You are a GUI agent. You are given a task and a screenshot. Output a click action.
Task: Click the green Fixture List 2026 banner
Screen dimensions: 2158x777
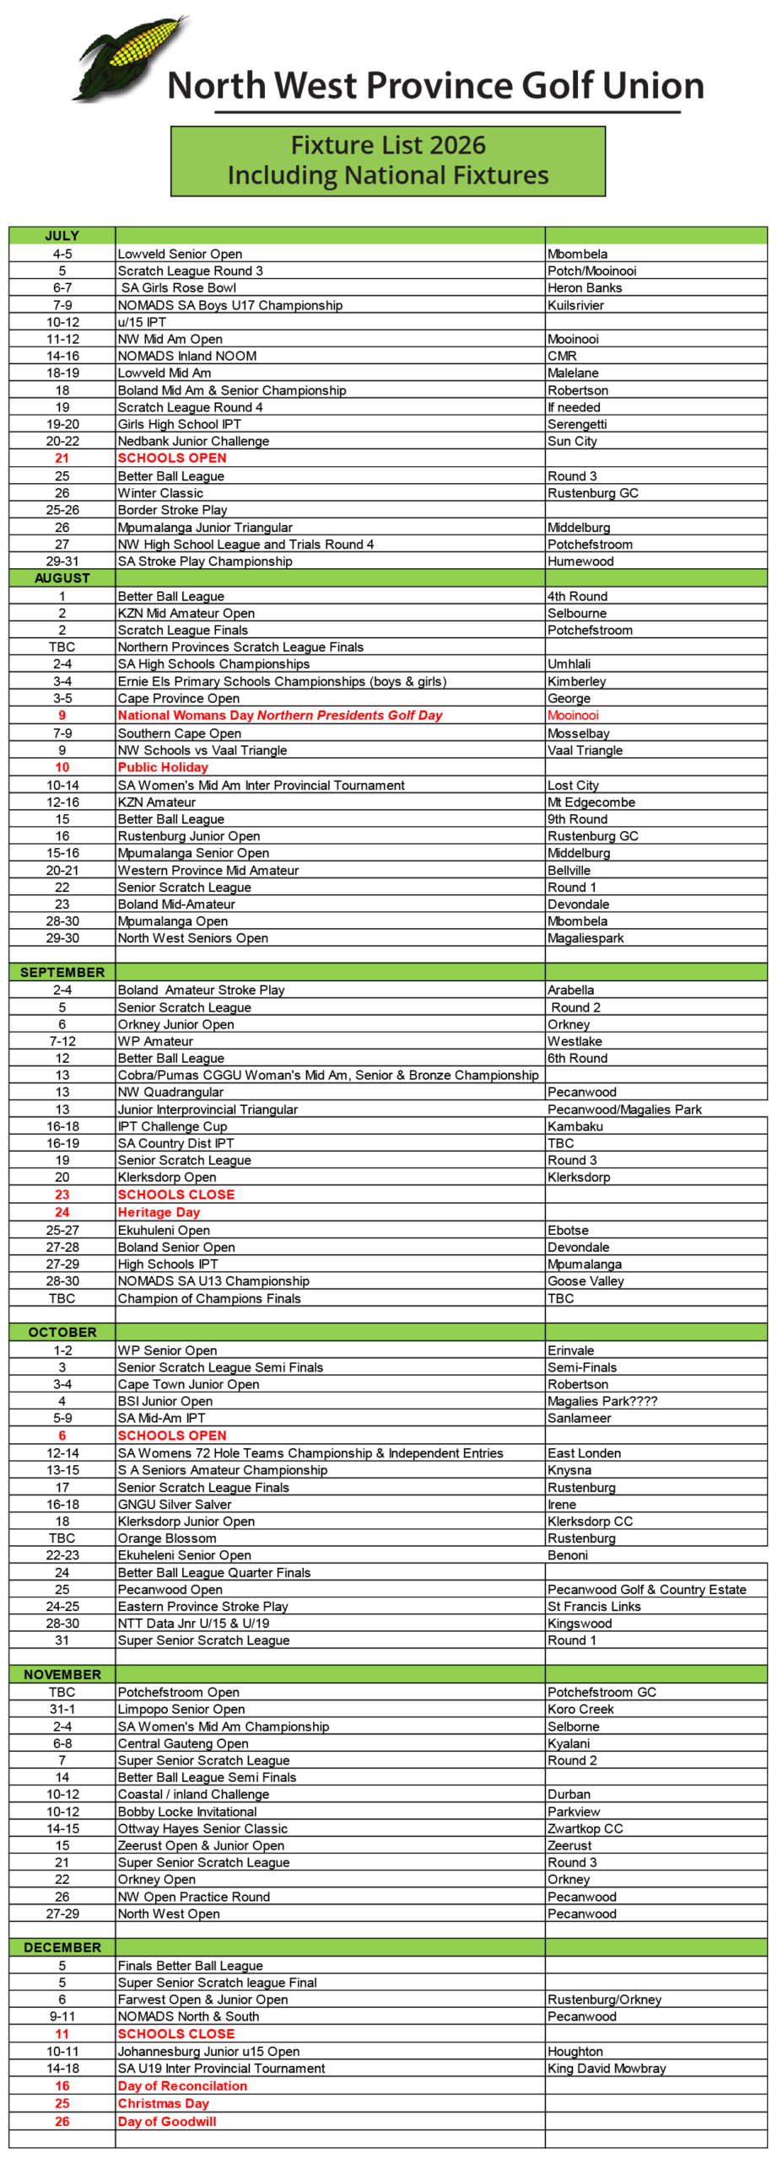coord(388,160)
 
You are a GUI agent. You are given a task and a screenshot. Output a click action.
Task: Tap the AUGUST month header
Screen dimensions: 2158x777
coord(62,578)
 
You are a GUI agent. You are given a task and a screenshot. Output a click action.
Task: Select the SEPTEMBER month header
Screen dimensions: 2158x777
coord(62,972)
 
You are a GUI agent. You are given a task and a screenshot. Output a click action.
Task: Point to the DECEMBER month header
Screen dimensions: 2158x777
coord(62,1947)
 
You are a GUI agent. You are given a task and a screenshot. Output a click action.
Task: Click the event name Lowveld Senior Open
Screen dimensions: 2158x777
coord(180,254)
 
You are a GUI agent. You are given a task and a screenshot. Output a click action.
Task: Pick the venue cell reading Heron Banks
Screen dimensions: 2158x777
coord(584,287)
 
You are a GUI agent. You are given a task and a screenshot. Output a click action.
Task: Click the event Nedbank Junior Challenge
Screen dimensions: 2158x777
coord(193,441)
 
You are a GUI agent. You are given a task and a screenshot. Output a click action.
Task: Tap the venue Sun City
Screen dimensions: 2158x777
coord(572,441)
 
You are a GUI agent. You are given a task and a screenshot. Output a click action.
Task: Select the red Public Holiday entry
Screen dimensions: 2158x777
coord(163,767)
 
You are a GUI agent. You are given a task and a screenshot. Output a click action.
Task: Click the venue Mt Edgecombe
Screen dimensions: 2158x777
coord(591,803)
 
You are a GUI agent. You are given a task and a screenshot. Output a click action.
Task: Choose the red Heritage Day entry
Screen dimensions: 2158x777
coord(159,1212)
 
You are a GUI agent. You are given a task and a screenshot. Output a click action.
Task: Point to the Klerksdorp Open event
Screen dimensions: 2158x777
coord(167,1177)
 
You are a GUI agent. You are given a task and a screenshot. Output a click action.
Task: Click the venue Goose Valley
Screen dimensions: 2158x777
coord(585,1281)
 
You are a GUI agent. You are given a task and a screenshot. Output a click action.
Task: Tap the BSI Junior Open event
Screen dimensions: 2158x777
coord(165,1401)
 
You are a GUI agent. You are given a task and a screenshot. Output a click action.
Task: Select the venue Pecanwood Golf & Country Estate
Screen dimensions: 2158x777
coord(646,1589)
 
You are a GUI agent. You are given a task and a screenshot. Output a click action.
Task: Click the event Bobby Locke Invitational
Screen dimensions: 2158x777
coord(187,1812)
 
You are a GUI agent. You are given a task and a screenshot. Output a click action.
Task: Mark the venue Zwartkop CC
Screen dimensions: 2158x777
coord(585,1828)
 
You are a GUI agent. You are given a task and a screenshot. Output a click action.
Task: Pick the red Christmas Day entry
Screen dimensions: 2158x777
coord(163,2103)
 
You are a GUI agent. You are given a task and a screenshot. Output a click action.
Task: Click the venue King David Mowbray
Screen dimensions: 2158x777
coord(607,2068)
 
